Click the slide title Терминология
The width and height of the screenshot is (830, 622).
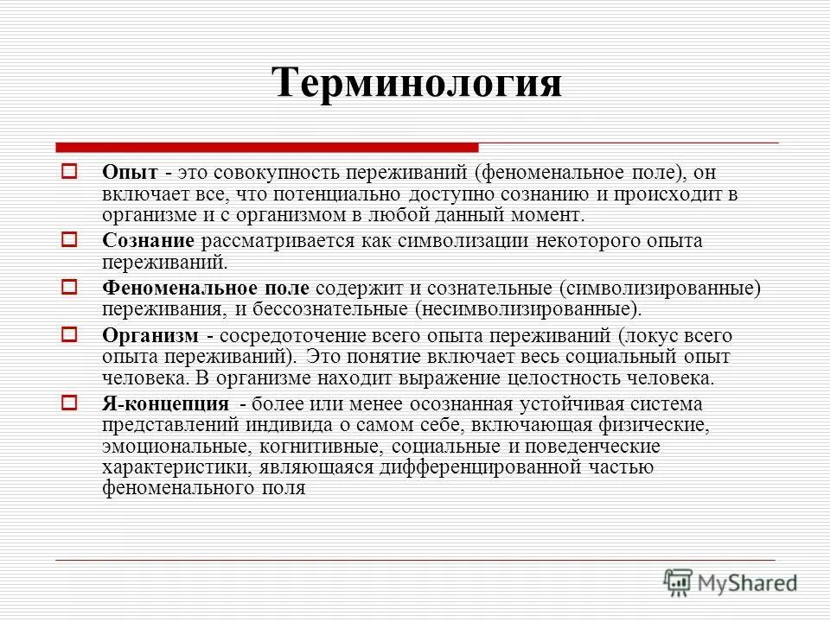tap(416, 84)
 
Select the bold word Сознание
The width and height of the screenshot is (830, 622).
tap(147, 241)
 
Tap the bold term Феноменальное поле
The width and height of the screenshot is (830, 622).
tap(207, 288)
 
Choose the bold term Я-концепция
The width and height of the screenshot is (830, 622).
tap(165, 404)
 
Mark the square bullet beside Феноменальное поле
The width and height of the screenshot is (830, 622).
tap(72, 287)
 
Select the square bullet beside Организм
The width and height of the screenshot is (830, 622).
tap(72, 333)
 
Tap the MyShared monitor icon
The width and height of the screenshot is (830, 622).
tap(679, 581)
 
